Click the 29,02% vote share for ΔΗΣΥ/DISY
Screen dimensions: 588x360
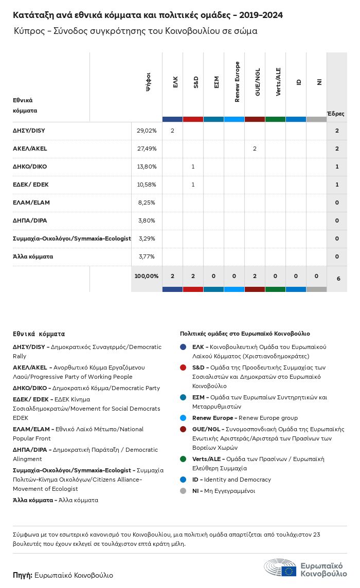[x=147, y=131]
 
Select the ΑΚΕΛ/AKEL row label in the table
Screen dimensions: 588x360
[x=30, y=149]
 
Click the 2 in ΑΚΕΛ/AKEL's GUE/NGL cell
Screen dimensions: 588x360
[x=255, y=149]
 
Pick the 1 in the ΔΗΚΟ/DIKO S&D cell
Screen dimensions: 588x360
[x=193, y=167]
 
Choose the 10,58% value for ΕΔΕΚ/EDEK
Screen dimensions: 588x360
[x=147, y=185]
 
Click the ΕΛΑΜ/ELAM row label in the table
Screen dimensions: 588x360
[x=31, y=203]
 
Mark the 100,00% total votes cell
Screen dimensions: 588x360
[x=147, y=276]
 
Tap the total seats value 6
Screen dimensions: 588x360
[x=338, y=279]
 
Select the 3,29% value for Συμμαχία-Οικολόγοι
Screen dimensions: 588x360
[x=147, y=238]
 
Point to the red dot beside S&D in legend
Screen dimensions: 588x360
[x=184, y=367]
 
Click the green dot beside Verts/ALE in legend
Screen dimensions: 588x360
[x=184, y=459]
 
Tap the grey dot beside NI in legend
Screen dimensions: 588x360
[x=184, y=491]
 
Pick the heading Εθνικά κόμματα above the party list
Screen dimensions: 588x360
[x=39, y=334]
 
